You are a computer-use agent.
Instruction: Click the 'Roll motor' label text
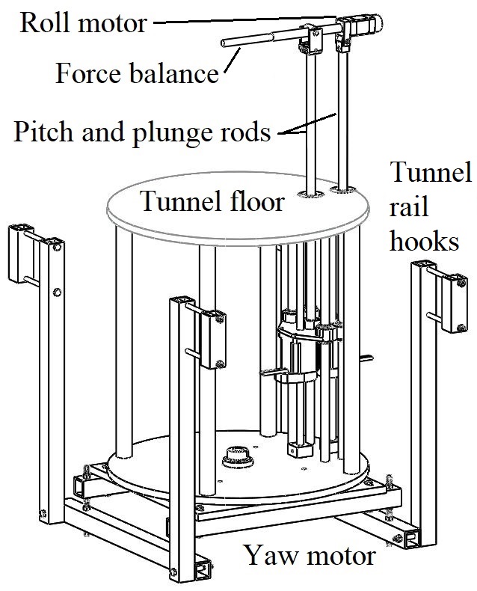83,22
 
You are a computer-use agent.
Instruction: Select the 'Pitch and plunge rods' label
142,132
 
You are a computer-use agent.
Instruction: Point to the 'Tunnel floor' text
212,200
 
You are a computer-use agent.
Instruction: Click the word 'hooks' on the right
426,241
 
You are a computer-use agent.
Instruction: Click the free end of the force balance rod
224,45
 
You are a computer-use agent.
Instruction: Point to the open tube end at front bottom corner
204,570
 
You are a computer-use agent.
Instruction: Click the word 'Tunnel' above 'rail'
432,174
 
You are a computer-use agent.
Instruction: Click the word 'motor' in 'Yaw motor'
337,557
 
